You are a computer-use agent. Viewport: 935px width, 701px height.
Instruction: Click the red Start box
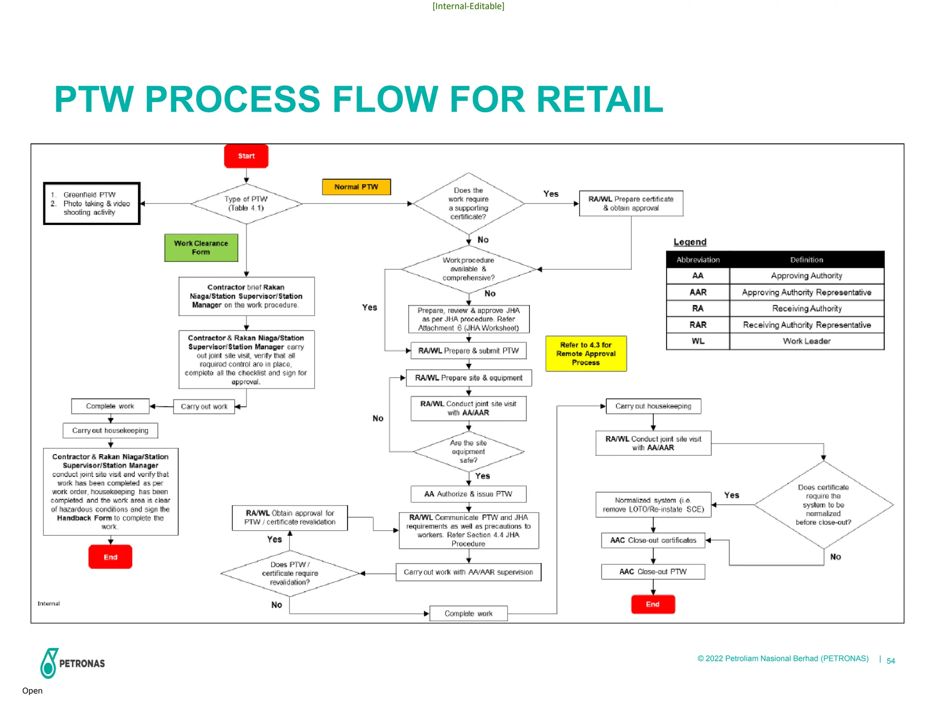[x=246, y=156]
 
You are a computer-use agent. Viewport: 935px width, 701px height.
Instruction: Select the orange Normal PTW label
[x=356, y=187]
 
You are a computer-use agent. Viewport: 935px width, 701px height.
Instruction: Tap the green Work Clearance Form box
[x=201, y=248]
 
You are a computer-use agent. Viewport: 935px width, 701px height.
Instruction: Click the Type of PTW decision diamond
[x=246, y=204]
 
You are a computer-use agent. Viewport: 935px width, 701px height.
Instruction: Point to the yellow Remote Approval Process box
[x=586, y=354]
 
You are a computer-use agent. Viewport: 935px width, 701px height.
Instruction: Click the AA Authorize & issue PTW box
[x=468, y=494]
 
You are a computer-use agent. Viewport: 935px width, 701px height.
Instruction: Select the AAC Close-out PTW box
[x=653, y=572]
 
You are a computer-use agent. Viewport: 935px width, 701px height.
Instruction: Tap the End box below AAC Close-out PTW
[x=653, y=604]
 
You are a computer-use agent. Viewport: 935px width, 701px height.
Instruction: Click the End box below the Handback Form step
[x=110, y=557]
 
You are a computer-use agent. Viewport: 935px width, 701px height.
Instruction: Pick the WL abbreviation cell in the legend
[x=698, y=341]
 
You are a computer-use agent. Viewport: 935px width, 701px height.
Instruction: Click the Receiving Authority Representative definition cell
[x=807, y=325]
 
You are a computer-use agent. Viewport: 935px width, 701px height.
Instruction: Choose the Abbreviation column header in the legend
[x=698, y=260]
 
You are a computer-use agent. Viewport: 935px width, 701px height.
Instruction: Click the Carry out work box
[x=204, y=407]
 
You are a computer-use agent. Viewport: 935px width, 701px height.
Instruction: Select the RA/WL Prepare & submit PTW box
[x=468, y=350]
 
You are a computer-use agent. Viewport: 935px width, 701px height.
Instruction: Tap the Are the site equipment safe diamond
[x=468, y=452]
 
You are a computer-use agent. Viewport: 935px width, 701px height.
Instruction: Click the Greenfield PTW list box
[x=92, y=204]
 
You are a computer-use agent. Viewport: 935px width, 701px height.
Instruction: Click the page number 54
[x=891, y=661]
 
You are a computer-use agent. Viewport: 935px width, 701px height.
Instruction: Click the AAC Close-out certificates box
[x=653, y=540]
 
